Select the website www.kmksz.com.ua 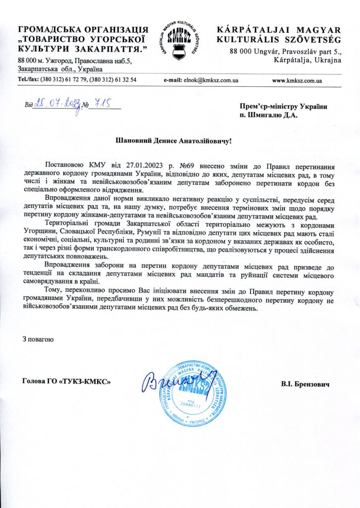[298, 80]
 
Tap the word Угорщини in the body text [40, 231]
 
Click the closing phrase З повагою [38, 339]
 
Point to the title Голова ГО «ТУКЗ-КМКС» [67, 381]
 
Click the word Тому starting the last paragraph [54, 289]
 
